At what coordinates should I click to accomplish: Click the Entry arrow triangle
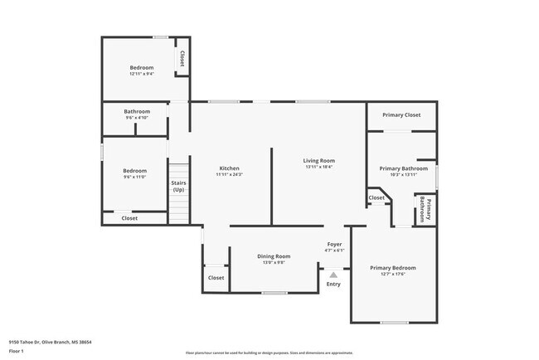(x=333, y=274)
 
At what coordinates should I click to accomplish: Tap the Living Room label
(x=318, y=160)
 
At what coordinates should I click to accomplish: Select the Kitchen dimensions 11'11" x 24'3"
(x=229, y=174)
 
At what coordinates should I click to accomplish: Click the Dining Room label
(x=272, y=256)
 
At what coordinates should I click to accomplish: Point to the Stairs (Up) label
(x=178, y=186)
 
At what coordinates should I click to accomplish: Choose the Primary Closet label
(x=402, y=114)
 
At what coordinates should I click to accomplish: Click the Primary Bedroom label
(x=393, y=268)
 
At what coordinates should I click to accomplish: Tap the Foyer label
(x=334, y=245)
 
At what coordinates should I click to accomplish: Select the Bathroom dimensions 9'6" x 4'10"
(x=137, y=118)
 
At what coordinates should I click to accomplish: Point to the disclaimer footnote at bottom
(x=269, y=353)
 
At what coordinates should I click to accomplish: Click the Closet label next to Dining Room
(x=216, y=278)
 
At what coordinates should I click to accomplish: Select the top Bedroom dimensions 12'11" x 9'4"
(x=141, y=74)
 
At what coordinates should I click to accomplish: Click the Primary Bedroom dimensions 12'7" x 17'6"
(x=393, y=275)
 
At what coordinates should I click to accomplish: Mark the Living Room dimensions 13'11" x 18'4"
(x=318, y=167)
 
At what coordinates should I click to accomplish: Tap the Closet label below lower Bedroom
(x=129, y=218)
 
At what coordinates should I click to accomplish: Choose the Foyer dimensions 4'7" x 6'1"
(x=334, y=251)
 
